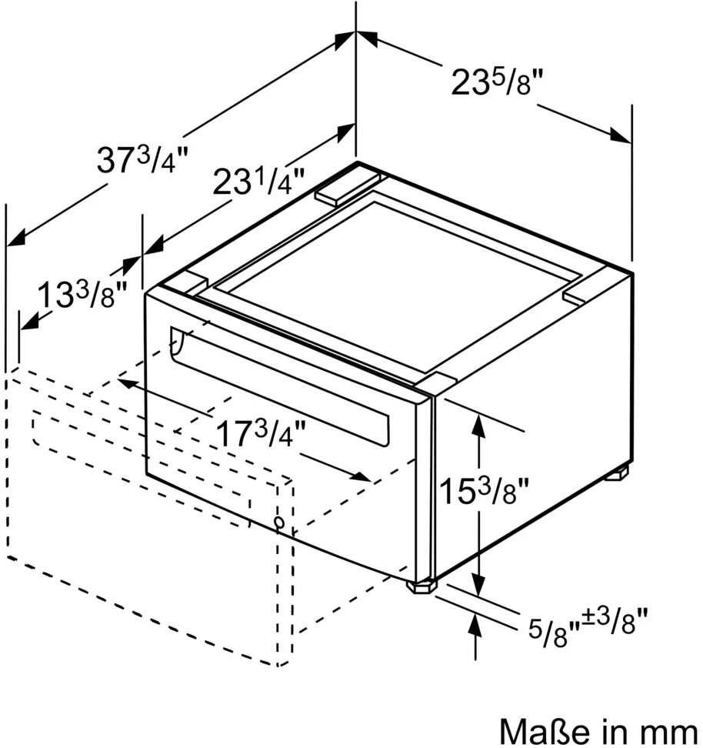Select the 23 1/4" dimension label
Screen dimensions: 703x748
(x=258, y=182)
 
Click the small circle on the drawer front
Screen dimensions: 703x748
(x=279, y=523)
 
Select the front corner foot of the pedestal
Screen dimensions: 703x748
(x=420, y=586)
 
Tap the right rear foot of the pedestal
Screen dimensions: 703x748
(x=617, y=473)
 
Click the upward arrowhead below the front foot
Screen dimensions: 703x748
(x=475, y=626)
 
